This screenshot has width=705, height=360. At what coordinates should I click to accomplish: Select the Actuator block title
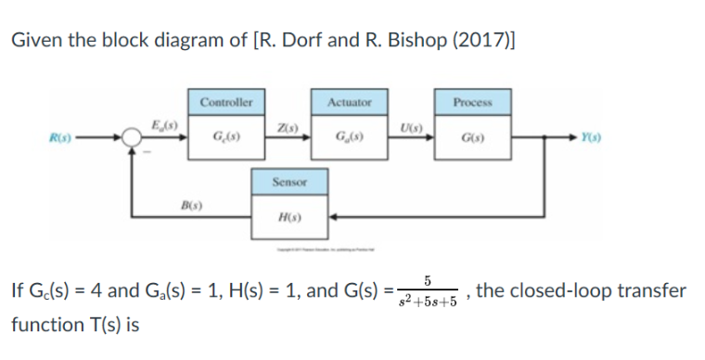[x=350, y=102]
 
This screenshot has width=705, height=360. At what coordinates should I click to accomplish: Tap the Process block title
[x=474, y=102]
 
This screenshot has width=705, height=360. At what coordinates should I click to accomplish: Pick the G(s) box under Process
[x=474, y=140]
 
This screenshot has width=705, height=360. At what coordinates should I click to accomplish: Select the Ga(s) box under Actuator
[x=350, y=140]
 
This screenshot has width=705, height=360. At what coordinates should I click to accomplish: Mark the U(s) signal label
[x=411, y=126]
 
